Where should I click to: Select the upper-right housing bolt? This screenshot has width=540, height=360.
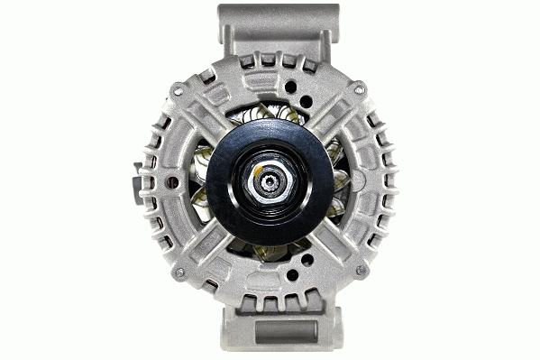pos(361,88)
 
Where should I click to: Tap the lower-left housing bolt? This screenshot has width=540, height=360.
pos(179,271)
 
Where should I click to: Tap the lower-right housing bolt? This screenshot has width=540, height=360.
pos(362,271)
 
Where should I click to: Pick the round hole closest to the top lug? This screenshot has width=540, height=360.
pos(291,88)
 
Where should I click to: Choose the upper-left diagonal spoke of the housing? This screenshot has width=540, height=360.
pos(203,113)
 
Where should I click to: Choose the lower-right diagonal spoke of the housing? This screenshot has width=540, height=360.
pos(337,248)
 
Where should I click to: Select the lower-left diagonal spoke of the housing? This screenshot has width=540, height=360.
pos(203,248)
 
